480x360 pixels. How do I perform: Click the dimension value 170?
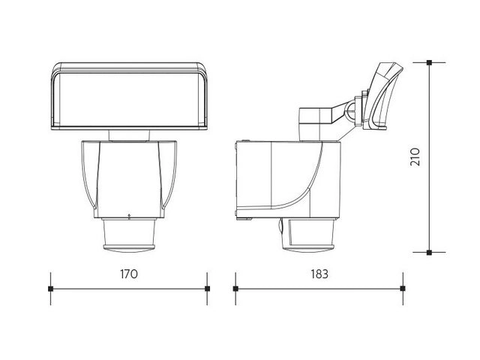click(129, 274)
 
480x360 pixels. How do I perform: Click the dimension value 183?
click(319, 274)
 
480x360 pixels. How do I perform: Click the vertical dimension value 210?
click(415, 157)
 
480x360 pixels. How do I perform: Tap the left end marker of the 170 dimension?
click(51, 288)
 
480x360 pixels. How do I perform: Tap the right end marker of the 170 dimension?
click(207, 288)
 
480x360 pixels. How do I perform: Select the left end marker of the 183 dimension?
click(235, 288)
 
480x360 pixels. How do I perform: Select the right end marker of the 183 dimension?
click(403, 288)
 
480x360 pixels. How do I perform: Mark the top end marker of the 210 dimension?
click(429, 62)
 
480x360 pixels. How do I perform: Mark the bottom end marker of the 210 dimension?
click(429, 253)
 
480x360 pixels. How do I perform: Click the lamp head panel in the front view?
click(129, 97)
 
